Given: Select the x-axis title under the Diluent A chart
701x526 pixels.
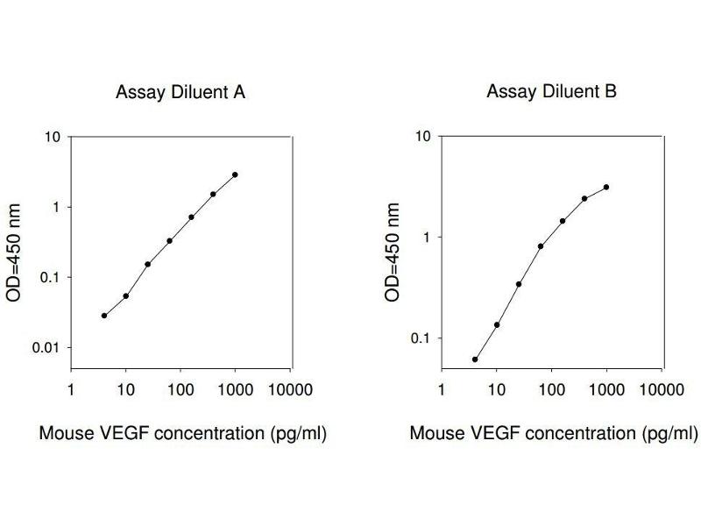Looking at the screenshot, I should (183, 433).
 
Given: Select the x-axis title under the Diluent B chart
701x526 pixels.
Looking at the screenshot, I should (554, 433).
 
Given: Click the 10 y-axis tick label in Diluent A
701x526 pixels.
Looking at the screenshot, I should (52, 137).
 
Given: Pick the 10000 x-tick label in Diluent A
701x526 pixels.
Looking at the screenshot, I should (289, 389).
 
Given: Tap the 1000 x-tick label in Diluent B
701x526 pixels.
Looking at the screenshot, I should (605, 389).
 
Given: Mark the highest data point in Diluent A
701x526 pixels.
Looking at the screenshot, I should (235, 174).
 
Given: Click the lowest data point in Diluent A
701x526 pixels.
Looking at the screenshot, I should (104, 316).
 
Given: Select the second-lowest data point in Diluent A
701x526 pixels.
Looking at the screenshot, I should (126, 296).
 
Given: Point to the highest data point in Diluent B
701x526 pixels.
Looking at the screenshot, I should (606, 187).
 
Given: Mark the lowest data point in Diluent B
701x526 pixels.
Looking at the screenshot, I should (475, 359).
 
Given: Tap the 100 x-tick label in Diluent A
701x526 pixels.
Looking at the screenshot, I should (181, 389).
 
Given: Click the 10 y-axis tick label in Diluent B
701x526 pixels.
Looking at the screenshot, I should (424, 137).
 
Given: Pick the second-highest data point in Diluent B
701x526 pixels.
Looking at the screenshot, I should (584, 199).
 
